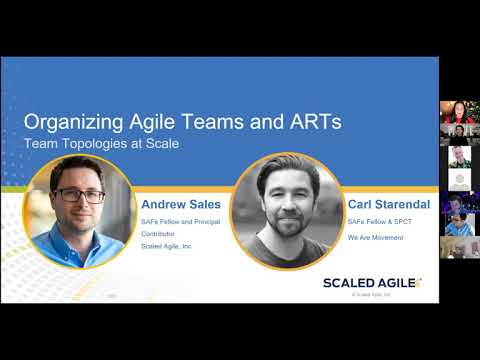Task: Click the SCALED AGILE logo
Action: [x=371, y=282]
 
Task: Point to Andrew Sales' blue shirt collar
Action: [x=82, y=237]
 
